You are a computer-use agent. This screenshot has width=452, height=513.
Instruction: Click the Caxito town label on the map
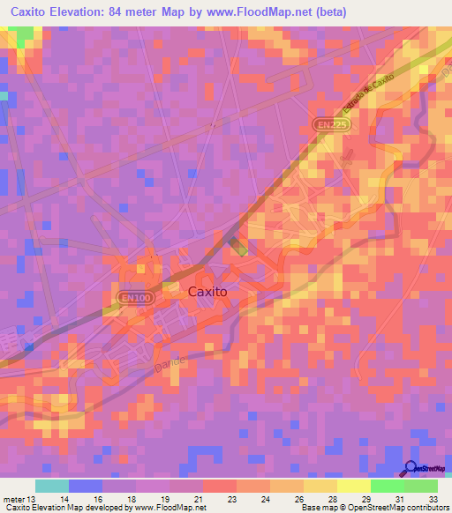pyautogui.click(x=207, y=290)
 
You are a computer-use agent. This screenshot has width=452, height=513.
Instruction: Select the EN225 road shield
pyautogui.click(x=327, y=126)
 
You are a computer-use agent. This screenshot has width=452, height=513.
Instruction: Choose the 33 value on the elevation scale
pyautogui.click(x=433, y=498)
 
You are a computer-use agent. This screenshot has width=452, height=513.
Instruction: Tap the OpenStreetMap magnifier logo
pyautogui.click(x=412, y=470)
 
